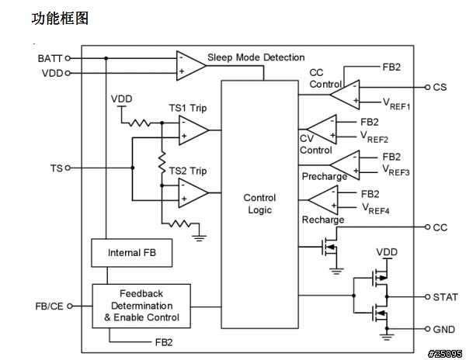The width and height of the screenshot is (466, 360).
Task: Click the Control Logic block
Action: pyautogui.click(x=259, y=203)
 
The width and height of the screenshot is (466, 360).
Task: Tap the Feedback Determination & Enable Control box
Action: pyautogui.click(x=141, y=305)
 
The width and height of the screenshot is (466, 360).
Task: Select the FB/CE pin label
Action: pyautogui.click(x=49, y=306)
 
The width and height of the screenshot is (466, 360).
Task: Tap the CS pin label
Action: pyautogui.click(x=440, y=88)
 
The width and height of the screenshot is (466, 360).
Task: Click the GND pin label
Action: pyautogui.click(x=443, y=329)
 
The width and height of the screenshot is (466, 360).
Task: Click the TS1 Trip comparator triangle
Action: pyautogui.click(x=190, y=130)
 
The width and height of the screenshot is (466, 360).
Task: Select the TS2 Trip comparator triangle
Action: pyautogui.click(x=190, y=193)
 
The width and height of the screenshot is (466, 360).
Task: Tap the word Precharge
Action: pyautogui.click(x=325, y=177)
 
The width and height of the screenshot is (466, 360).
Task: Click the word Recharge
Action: pyautogui.click(x=323, y=220)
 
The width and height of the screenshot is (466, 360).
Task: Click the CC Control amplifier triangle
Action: pyautogui.click(x=344, y=94)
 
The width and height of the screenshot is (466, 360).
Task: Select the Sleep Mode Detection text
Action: pyautogui.click(x=256, y=58)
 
